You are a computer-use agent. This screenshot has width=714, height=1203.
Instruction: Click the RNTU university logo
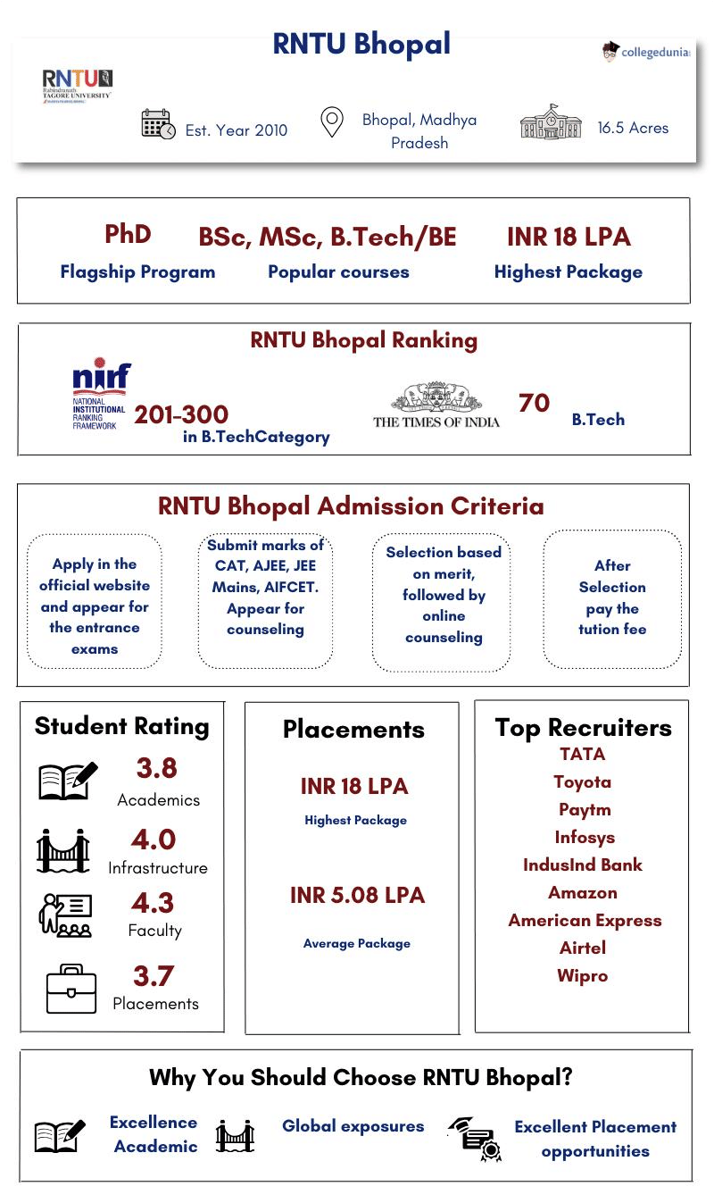pos(77,87)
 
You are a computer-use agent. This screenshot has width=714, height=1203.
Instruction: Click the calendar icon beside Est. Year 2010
pos(158,124)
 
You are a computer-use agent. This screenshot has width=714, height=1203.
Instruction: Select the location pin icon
pos(332,122)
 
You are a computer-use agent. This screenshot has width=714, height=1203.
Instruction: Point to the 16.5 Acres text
pos(633,128)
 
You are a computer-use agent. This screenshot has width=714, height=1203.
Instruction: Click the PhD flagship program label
pos(128,234)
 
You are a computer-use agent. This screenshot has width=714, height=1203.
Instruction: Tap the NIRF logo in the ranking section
pos(100,393)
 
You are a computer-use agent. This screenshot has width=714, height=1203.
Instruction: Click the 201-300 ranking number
pos(181,414)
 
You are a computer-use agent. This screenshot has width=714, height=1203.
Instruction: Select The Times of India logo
pos(436,406)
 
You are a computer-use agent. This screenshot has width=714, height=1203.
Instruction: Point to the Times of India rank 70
pos(534,404)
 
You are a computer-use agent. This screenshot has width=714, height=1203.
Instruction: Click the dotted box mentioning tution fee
pos(612,597)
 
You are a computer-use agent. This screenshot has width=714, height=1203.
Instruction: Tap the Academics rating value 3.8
pos(156,768)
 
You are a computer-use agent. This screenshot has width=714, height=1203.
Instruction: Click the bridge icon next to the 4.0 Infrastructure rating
pos(63,850)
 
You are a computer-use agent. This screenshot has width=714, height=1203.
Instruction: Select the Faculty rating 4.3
pos(153,903)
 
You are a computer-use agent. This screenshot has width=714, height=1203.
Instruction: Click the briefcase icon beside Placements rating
pos(71,989)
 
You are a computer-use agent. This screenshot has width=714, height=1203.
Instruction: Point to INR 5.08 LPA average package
pos(357,896)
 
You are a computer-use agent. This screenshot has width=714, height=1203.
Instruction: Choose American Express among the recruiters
pos(585,921)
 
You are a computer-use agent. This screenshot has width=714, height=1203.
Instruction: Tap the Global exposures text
pos(353,1126)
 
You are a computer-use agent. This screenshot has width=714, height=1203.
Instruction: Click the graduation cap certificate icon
pos(475,1139)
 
